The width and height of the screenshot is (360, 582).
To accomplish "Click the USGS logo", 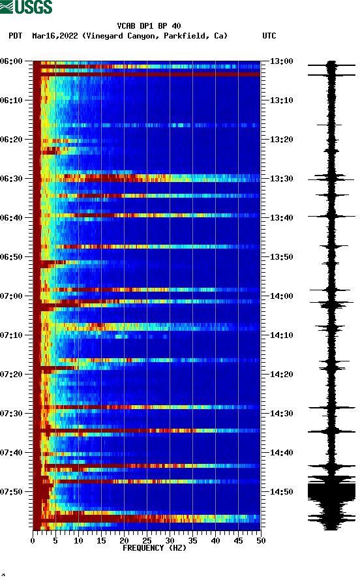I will (x=26, y=8).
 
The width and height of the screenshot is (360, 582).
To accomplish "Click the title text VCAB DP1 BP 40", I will (x=149, y=26).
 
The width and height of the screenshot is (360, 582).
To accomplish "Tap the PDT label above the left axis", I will (x=16, y=36).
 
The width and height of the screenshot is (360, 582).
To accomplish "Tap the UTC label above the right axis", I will (x=269, y=36).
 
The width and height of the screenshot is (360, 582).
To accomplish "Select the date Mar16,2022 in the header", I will (x=55, y=36).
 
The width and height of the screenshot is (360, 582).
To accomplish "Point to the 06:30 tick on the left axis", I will (x=12, y=179).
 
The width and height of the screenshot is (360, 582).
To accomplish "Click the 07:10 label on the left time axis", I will (x=12, y=335).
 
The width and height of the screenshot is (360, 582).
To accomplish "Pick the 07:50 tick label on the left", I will (x=12, y=492).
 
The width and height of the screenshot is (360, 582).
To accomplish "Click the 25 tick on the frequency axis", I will (x=147, y=541).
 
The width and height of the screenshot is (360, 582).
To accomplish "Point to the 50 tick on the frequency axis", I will (x=260, y=541).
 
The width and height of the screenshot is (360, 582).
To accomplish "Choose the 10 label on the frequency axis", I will (x=78, y=541).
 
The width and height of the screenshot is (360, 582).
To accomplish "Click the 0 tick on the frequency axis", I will (x=33, y=541).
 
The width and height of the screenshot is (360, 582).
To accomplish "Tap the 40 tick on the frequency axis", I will (x=215, y=541).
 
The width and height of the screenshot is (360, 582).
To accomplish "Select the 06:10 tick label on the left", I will (x=12, y=100).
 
